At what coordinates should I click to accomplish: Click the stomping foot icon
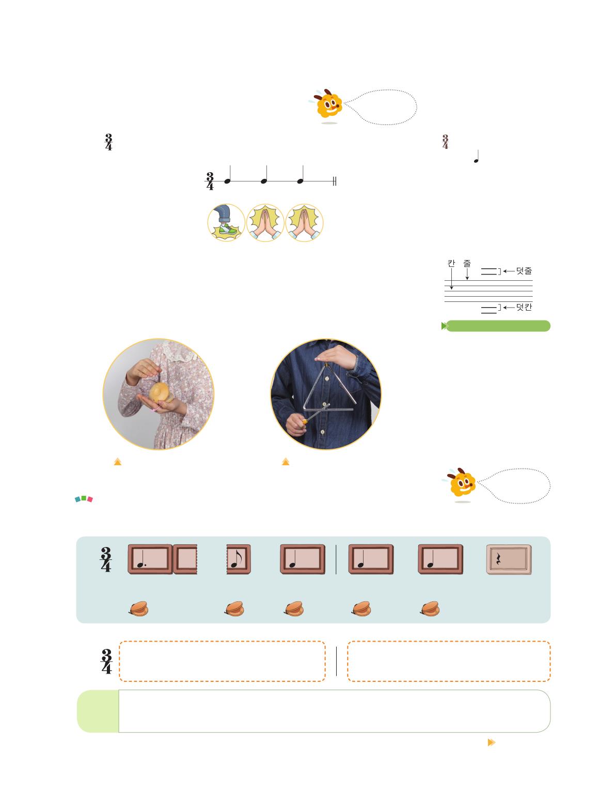tap(226, 222)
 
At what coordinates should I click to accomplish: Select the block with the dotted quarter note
tap(150, 559)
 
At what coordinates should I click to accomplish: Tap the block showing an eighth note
tap(239, 559)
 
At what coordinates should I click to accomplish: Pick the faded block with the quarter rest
tap(509, 559)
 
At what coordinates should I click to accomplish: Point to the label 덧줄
tap(524, 271)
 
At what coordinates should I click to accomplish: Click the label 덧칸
tap(524, 307)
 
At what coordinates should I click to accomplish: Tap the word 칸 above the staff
tap(451, 263)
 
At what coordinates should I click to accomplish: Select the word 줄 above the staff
tap(466, 263)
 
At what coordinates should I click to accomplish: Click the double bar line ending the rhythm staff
tap(335, 181)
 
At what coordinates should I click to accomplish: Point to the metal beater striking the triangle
tap(316, 414)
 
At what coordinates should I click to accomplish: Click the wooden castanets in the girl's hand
tap(161, 392)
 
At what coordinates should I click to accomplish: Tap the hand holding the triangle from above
tap(335, 356)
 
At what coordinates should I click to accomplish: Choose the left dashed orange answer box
tap(222, 661)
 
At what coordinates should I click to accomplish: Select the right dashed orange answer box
tap(449, 661)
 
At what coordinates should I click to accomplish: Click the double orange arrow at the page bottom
tap(492, 742)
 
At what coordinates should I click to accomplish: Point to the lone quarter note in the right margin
tap(477, 157)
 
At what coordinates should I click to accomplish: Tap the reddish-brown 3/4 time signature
tap(445, 141)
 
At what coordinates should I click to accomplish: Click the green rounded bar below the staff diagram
tap(496, 326)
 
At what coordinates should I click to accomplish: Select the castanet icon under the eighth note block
tap(234, 609)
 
